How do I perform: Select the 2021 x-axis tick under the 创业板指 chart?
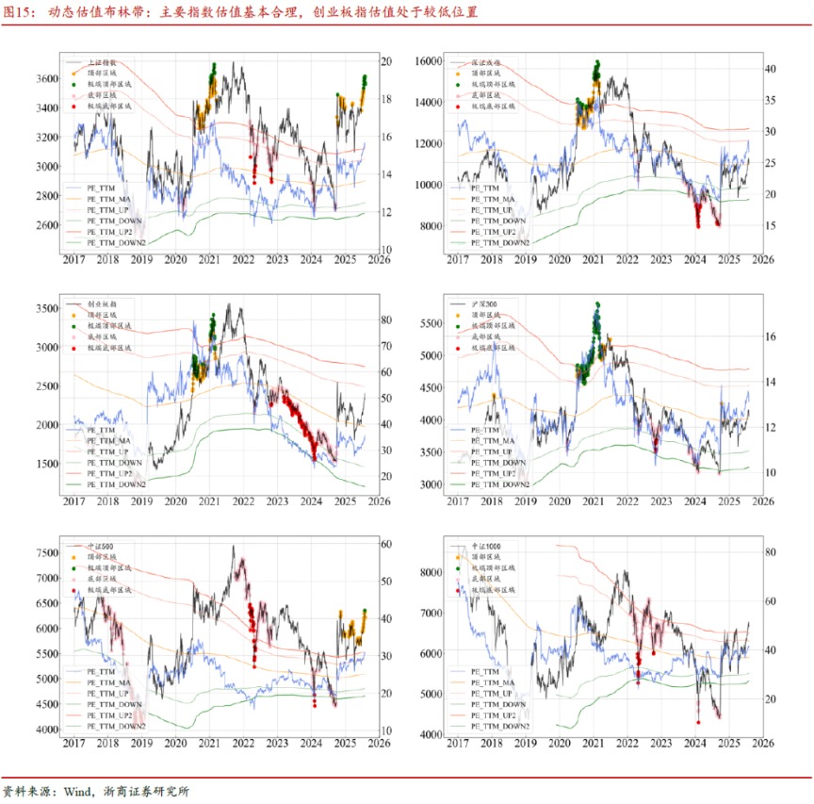208,502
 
